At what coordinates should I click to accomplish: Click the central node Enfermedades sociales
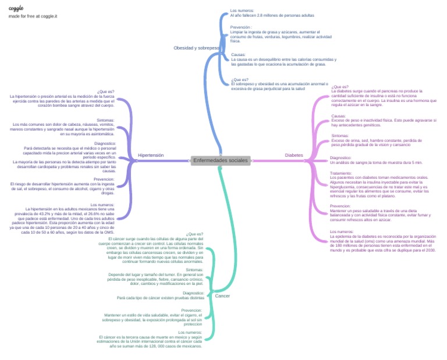coord(221,160)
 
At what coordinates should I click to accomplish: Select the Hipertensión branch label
coord(151,156)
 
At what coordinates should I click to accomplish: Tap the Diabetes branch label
coord(294,156)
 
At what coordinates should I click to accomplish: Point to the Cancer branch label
coord(222,296)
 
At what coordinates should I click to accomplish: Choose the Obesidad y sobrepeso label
coord(196,48)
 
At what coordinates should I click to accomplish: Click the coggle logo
coord(16,8)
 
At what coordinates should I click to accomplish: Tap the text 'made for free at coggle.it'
coord(33,16)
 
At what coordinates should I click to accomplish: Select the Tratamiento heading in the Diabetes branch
coord(340,173)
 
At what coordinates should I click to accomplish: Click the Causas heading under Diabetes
coord(339,116)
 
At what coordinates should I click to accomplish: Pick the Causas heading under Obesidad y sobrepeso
coord(238,55)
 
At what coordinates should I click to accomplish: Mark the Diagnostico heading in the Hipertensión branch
coord(105,143)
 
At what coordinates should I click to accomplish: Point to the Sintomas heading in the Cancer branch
coord(194,270)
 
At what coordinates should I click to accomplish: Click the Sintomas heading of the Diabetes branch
coord(340,136)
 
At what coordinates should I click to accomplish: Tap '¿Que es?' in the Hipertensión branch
coord(106,91)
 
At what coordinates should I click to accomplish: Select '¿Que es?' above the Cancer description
coord(195,234)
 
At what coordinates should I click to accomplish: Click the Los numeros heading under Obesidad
coord(242,10)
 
